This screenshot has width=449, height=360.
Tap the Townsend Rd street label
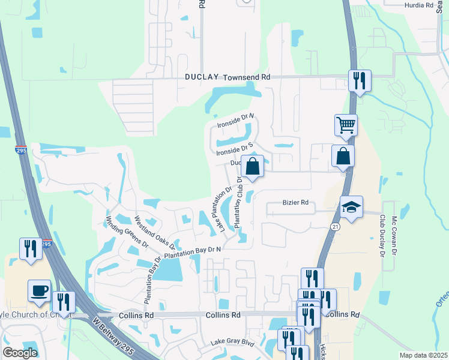pos(247,77)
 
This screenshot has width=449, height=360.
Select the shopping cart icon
pos(346,125)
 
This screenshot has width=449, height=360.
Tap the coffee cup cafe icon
pos(40,291)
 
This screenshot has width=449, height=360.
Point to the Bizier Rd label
pos(295,203)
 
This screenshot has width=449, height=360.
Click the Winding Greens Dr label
pos(127,232)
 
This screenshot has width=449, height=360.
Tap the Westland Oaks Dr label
pos(155,233)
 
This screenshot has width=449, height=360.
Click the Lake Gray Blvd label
pos(232,343)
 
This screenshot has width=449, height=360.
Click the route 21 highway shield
pos(334,226)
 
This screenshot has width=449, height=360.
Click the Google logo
pos(20,353)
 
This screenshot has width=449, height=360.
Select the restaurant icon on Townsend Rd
pos(360,80)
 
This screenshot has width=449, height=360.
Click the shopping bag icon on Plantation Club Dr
pos(253,166)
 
